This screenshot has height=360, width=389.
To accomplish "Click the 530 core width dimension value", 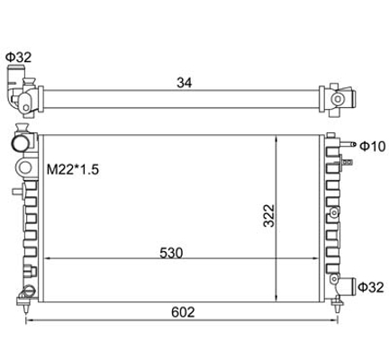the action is (x=171, y=253).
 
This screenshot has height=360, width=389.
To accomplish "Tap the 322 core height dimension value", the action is (x=268, y=216).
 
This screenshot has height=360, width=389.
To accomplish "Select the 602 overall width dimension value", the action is (x=183, y=312).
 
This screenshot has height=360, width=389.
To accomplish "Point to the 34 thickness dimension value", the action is (x=185, y=83).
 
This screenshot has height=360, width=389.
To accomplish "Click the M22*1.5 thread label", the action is (x=73, y=170).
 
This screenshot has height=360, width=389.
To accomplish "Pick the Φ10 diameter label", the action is (x=372, y=147).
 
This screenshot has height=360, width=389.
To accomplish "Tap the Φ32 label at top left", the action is (x=19, y=57).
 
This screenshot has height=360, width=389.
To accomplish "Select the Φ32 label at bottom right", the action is (x=371, y=287).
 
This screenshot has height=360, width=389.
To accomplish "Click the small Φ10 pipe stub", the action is (x=348, y=144).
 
